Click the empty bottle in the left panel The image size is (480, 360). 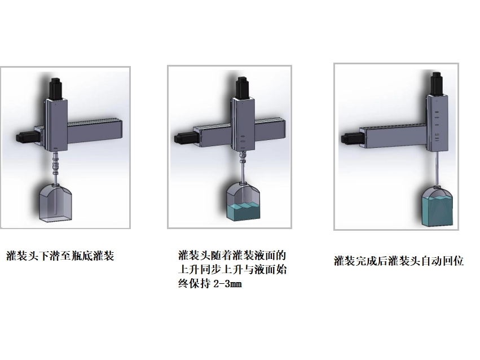pyautogui.click(x=56, y=203)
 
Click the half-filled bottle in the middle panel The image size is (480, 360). pyautogui.click(x=243, y=201)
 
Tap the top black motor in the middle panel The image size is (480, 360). pyautogui.click(x=243, y=87)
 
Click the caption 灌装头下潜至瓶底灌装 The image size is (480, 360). pyautogui.click(x=60, y=256)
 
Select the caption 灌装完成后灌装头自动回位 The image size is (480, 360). pyautogui.click(x=399, y=261)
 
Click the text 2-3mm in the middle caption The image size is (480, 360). pyautogui.click(x=227, y=284)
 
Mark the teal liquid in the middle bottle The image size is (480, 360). pyautogui.click(x=243, y=211)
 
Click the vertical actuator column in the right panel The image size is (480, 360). pyautogui.click(x=437, y=123)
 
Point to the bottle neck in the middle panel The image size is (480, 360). pyautogui.click(x=243, y=183)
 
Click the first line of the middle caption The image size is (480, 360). pyautogui.click(x=232, y=255)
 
